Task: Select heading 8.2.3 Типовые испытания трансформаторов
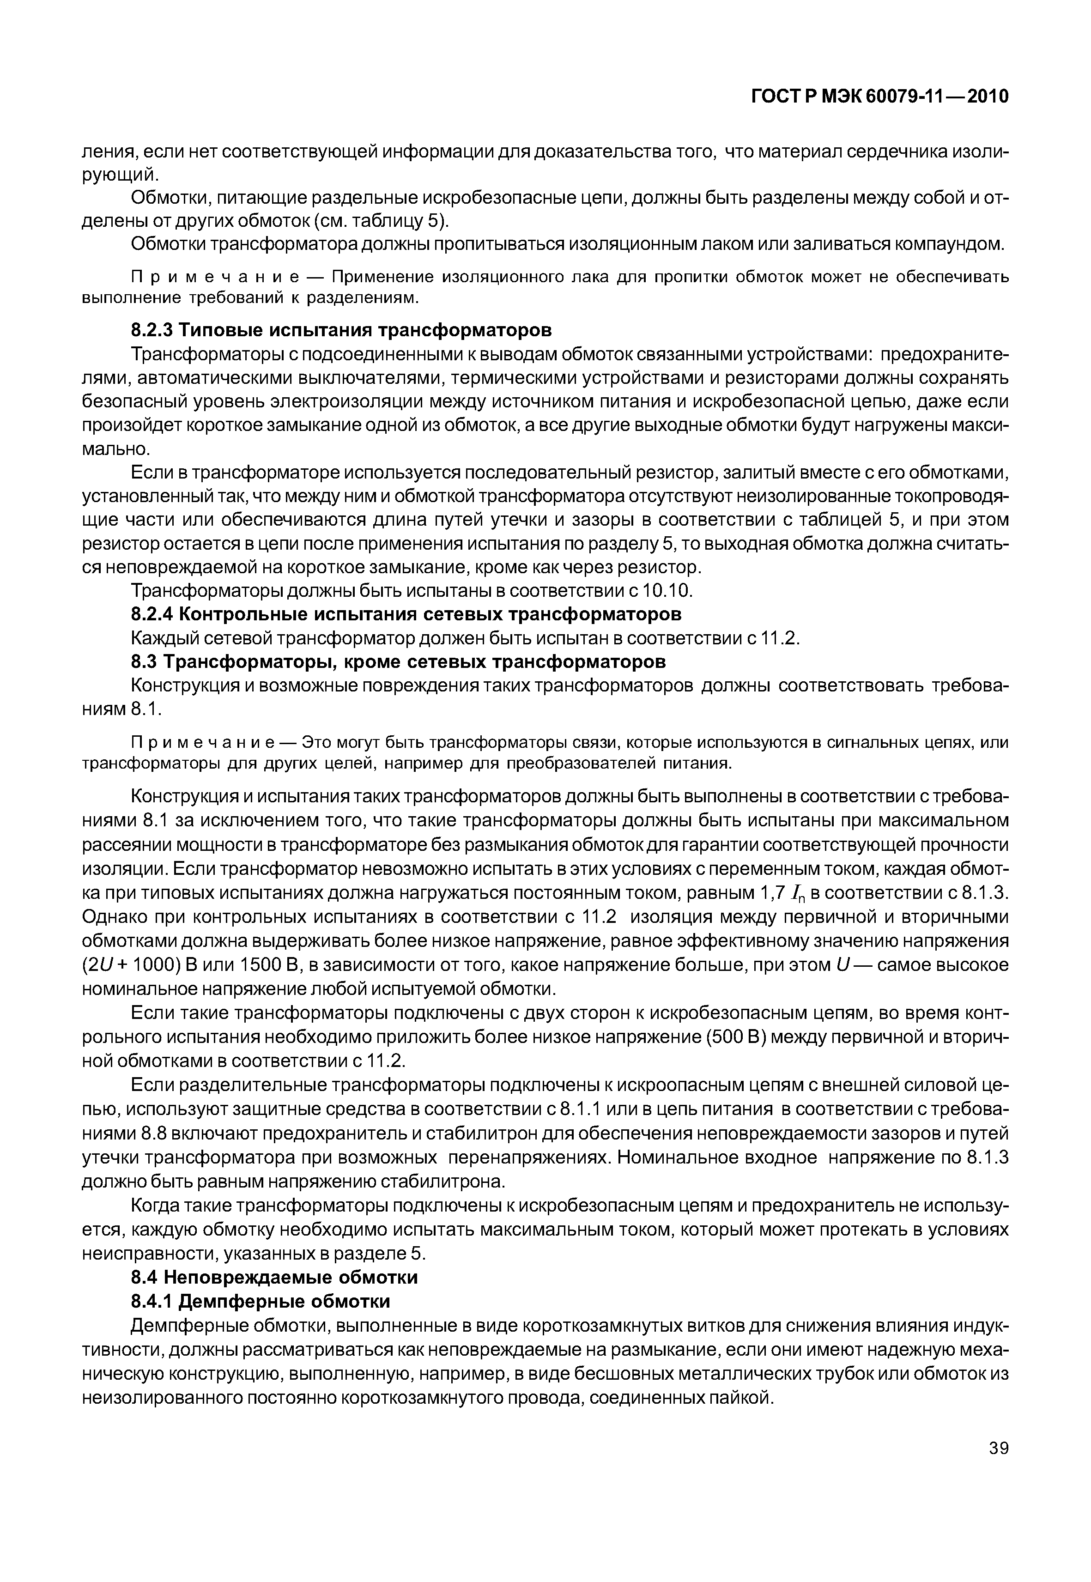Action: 341,330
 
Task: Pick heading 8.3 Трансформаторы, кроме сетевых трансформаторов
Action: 398,662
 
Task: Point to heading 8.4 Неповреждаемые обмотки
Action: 274,1277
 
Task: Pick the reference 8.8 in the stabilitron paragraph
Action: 154,1133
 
